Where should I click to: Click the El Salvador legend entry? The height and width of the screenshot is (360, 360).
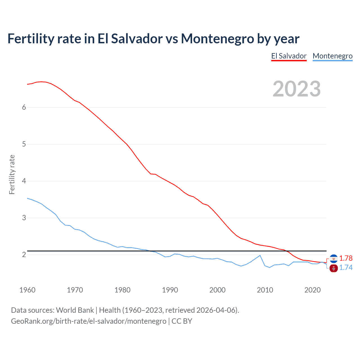click(289, 56)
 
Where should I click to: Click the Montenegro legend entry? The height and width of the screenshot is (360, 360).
click(332, 56)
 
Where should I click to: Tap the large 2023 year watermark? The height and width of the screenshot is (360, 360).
click(296, 89)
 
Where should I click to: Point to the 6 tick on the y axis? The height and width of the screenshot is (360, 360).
click(24, 107)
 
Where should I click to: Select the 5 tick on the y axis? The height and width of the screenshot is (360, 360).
click(24, 144)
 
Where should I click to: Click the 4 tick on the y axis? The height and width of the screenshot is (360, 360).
click(24, 181)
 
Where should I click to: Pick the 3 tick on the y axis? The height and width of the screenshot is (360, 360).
click(24, 218)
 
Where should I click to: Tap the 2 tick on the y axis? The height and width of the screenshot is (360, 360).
click(24, 255)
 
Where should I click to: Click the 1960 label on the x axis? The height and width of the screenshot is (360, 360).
click(27, 290)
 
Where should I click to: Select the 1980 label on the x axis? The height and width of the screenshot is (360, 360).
click(122, 290)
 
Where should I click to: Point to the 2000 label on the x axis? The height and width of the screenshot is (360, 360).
click(217, 290)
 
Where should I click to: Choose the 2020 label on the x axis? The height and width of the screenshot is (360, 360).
click(312, 290)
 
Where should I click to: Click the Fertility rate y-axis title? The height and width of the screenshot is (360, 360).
click(12, 175)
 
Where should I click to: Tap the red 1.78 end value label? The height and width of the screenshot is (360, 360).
click(346, 258)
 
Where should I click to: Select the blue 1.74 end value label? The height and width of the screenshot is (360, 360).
click(346, 267)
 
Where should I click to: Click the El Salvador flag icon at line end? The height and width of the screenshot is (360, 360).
click(334, 258)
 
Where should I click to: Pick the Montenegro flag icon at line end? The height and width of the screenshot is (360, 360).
click(334, 268)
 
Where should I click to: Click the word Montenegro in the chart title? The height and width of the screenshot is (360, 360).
click(217, 39)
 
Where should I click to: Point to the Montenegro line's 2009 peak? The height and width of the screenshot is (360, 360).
click(260, 255)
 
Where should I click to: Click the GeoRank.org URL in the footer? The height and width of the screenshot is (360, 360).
click(89, 321)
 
